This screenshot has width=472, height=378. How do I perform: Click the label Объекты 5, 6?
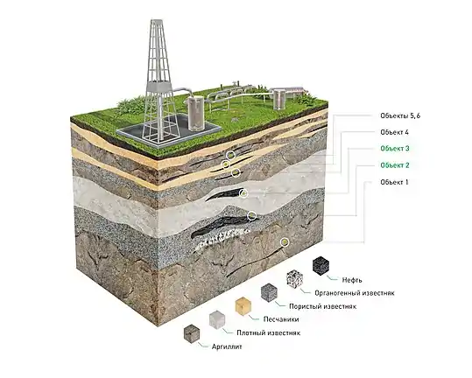click(400, 115)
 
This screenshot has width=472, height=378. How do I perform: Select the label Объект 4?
click(394, 132)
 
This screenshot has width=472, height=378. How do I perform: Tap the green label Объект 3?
click(395, 149)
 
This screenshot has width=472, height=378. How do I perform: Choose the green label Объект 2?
click(395, 165)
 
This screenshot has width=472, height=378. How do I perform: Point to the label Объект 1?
click(394, 182)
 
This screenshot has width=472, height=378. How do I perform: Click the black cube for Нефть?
click(321, 265)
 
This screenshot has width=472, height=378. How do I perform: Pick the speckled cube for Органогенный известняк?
click(295, 279)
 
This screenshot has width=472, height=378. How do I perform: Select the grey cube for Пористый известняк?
click(269, 292)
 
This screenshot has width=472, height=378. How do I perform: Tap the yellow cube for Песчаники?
click(243, 306)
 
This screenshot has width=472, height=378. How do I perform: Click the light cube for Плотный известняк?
click(217, 319)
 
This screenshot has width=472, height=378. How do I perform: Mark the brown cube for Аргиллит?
click(192, 333)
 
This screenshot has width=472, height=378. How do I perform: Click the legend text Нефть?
click(352, 280)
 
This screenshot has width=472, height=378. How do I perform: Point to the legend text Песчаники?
click(281, 319)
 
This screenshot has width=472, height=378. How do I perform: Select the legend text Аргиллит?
click(227, 346)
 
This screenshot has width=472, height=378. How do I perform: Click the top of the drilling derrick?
click(157, 21)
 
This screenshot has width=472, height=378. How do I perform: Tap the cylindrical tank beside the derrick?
click(196, 113)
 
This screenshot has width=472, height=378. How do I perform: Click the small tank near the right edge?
click(279, 98)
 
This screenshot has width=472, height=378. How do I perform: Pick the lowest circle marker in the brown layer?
click(285, 241)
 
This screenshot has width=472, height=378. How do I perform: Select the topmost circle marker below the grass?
click(231, 155)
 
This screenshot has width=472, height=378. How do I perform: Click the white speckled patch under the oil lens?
click(222, 238)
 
